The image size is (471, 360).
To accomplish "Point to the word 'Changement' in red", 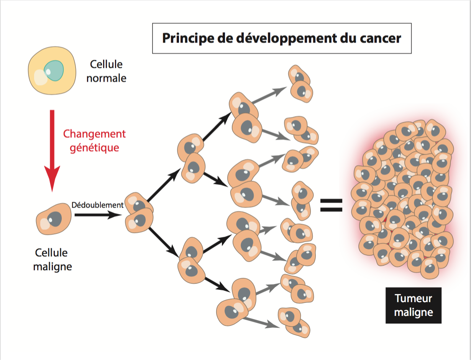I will click(x=94, y=134).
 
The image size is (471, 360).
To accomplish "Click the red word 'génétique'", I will click(x=94, y=148).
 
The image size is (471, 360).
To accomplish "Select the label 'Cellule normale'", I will click(x=106, y=71).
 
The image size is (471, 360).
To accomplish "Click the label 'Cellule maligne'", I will click(x=53, y=260).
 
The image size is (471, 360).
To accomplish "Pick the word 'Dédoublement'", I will click(x=97, y=205).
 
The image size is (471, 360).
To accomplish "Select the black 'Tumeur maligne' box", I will click(x=413, y=305).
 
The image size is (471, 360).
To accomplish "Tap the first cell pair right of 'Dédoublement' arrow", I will click(x=139, y=213).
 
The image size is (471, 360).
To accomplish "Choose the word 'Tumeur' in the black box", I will click(x=413, y=299).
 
